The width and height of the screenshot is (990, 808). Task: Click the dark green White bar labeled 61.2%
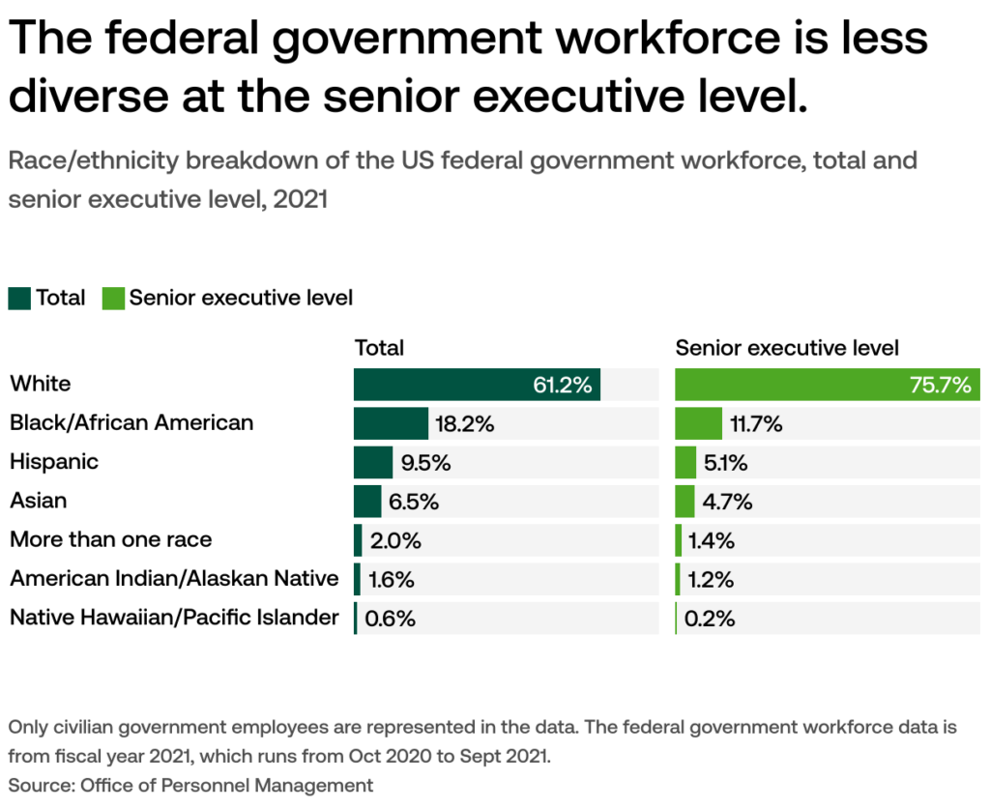pos(477,385)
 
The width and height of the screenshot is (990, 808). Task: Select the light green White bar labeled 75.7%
pos(827,385)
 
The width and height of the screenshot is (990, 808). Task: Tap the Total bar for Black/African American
pos(391,423)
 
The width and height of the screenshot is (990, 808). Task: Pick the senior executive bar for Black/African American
pos(698,423)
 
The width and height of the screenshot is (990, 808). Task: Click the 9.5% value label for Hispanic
pos(426,463)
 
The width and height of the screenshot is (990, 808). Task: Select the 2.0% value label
pos(393,540)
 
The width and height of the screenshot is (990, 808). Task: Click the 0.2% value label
pos(710,619)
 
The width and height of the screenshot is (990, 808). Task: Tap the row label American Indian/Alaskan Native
pos(174,579)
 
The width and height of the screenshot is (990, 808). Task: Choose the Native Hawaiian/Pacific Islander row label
pos(174,618)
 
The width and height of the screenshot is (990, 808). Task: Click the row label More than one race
pos(110,539)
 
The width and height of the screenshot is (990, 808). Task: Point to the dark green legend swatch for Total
pos(19,298)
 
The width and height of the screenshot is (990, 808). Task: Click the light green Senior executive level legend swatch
pos(112,298)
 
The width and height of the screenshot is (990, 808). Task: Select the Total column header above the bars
pos(379,348)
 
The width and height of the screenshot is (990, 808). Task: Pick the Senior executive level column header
pos(787,348)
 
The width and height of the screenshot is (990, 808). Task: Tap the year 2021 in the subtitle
pos(301,200)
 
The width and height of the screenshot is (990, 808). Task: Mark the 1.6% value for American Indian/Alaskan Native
pos(392,580)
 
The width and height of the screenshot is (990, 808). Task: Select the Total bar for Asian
pos(367,502)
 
